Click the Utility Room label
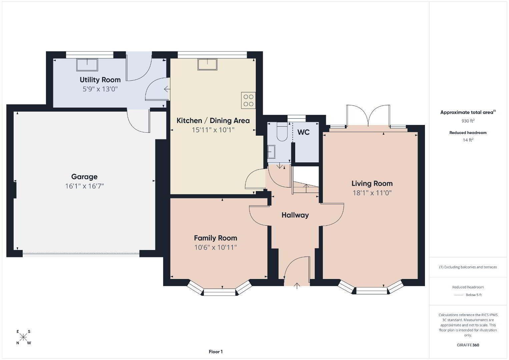pyautogui.click(x=100, y=80)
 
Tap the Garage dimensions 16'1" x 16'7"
pyautogui.click(x=84, y=186)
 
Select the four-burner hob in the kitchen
pyautogui.click(x=248, y=100)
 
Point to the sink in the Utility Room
pyautogui.click(x=87, y=65)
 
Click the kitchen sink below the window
pyautogui.click(x=207, y=64)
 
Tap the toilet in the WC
pyautogui.click(x=282, y=132)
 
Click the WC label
pyautogui.click(x=303, y=132)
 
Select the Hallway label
pyautogui.click(x=295, y=215)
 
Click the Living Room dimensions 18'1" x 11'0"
pyautogui.click(x=372, y=193)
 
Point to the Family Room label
pyautogui.click(x=215, y=238)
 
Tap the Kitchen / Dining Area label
pyautogui.click(x=213, y=121)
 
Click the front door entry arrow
pyautogui.click(x=297, y=286)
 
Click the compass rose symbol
pyautogui.click(x=23, y=337)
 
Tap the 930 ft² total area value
pyautogui.click(x=468, y=121)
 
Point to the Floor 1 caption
pyautogui.click(x=216, y=352)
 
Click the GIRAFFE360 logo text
pyautogui.click(x=468, y=345)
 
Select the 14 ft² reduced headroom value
pyautogui.click(x=468, y=140)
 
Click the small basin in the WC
pyautogui.click(x=271, y=152)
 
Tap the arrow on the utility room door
pyautogui.click(x=167, y=89)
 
